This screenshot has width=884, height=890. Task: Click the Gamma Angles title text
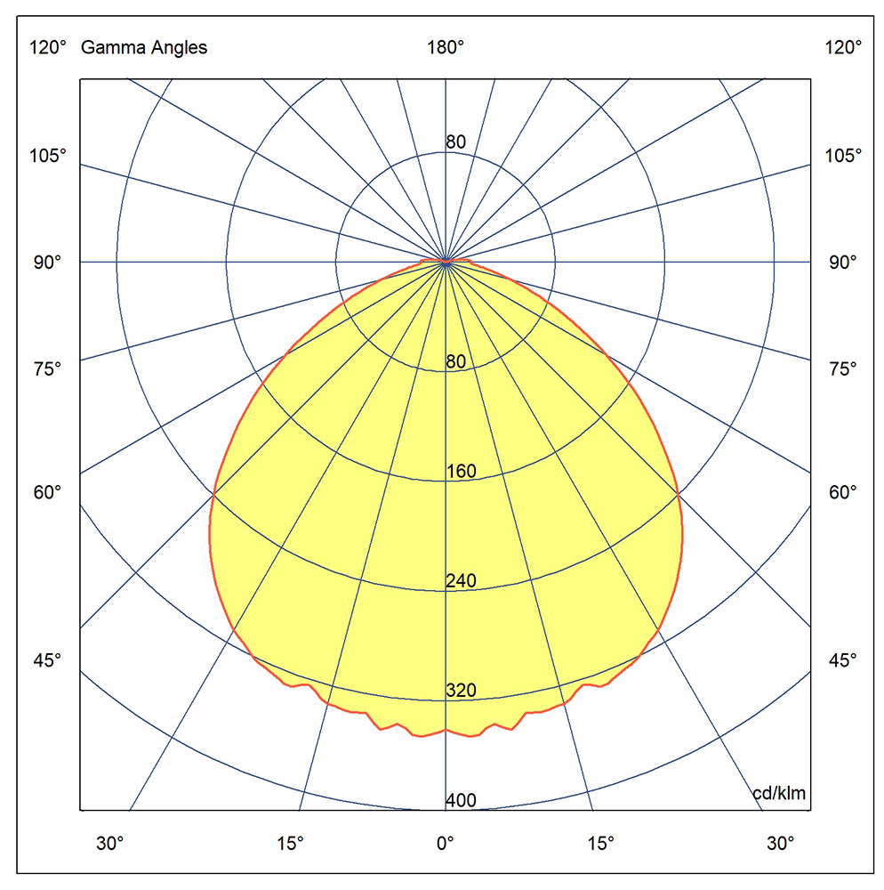pos(144,48)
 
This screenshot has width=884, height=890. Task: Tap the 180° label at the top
pos(446,48)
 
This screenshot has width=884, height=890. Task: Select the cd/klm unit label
pos(780,793)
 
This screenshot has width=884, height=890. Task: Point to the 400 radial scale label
pos(461,801)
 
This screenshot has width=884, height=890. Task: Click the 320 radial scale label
pos(461,691)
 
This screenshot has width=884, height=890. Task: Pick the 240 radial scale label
pos(461,581)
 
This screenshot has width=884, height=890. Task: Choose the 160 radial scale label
pos(461,472)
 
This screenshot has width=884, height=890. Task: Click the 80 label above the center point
pos(455,142)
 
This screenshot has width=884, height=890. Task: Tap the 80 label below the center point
pos(455,362)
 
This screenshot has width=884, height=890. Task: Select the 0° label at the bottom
pos(445,842)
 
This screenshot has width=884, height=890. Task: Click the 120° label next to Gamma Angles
pos(48,48)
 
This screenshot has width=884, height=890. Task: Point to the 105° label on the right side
pos(843,156)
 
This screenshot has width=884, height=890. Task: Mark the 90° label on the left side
pos(48,263)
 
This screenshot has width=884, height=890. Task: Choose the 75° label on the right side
pos(843,368)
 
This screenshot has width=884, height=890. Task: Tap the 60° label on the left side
pos(48,492)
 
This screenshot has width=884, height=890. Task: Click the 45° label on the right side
pos(843,660)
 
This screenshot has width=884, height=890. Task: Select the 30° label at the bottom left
pos(110,842)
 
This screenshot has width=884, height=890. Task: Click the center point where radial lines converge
pos(446,262)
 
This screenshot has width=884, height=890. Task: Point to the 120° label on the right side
pos(843,48)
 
